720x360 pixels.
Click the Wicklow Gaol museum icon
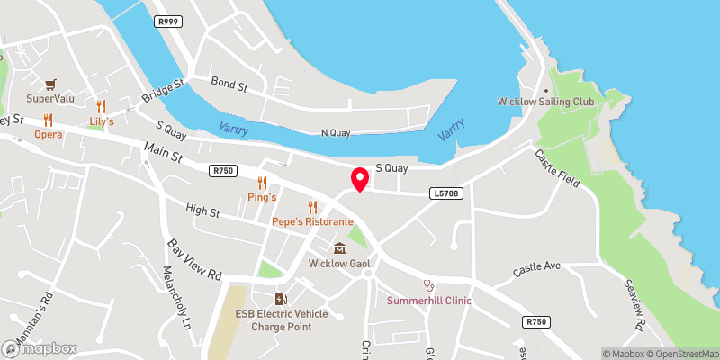pos(339,248)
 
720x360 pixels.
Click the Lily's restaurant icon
pos(101,106)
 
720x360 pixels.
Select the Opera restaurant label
pos(49,134)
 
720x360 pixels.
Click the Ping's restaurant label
pos(262,196)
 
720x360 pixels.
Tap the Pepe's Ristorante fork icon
pos(312,207)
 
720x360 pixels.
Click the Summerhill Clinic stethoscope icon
pos(429,284)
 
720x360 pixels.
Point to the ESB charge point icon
pos(282,299)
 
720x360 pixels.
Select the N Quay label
pos(337,133)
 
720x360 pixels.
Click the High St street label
pos(202,212)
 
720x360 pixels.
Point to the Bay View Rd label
pos(195,261)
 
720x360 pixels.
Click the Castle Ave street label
pos(537,267)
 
